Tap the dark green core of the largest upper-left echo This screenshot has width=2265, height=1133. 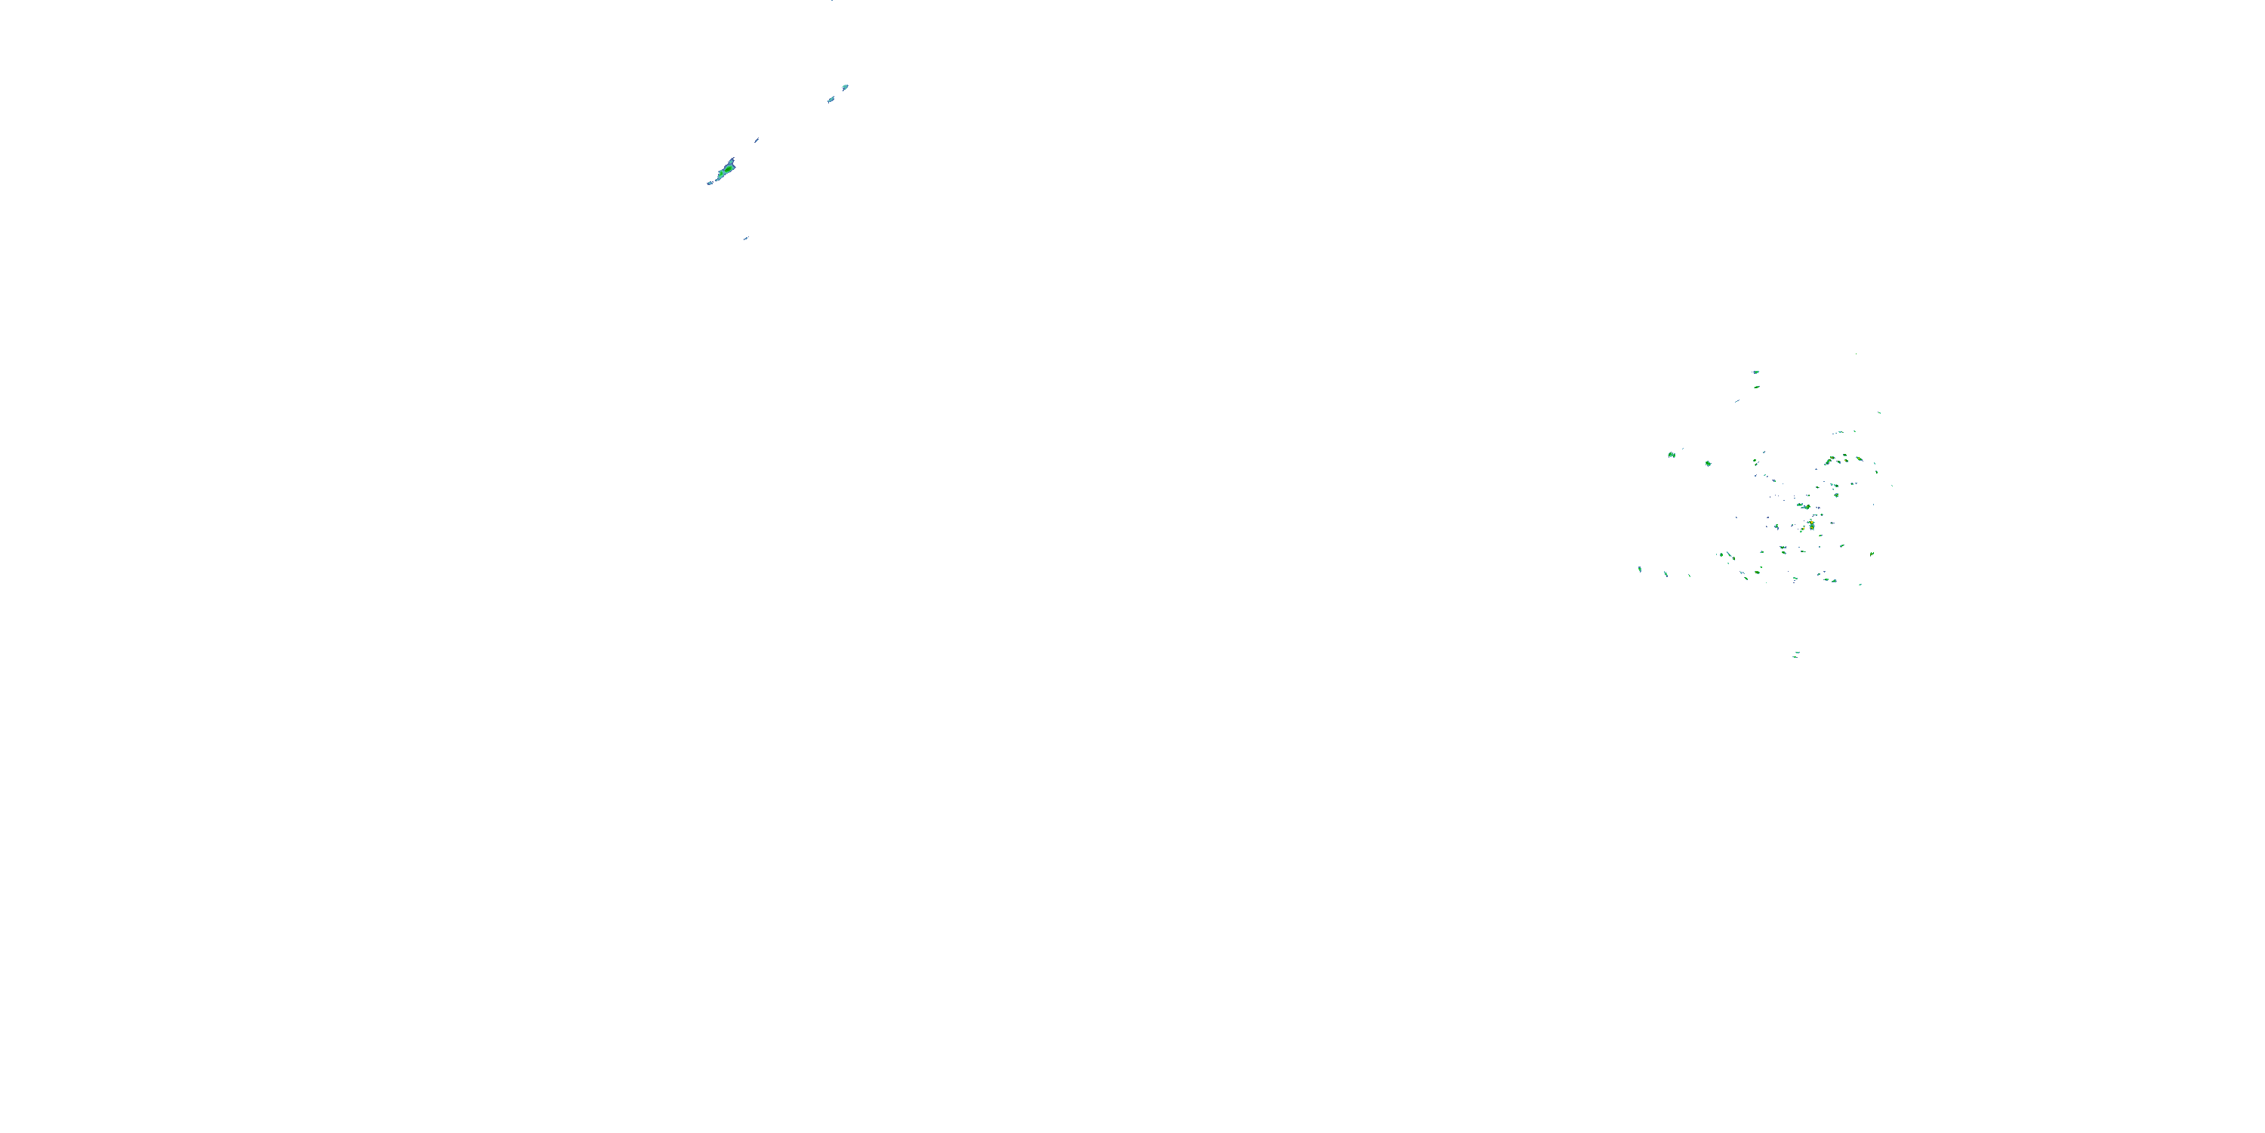[x=726, y=168]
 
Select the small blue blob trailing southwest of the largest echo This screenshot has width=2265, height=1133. [x=710, y=183]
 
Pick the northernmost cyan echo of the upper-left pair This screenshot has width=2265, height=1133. [x=845, y=87]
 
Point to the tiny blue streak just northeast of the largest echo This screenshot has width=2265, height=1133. [x=757, y=139]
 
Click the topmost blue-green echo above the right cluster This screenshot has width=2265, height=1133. [x=1756, y=372]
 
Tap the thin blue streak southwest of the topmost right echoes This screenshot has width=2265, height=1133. [x=1736, y=401]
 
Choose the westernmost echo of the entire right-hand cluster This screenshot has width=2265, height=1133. [x=1640, y=569]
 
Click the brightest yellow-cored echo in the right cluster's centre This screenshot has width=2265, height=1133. [x=1811, y=525]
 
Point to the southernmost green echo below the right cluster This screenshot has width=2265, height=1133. [x=1795, y=653]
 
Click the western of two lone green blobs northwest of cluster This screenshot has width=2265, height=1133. [x=1671, y=455]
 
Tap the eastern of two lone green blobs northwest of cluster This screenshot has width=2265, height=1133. [x=1708, y=463]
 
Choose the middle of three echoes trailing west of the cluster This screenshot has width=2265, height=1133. [x=1666, y=573]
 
